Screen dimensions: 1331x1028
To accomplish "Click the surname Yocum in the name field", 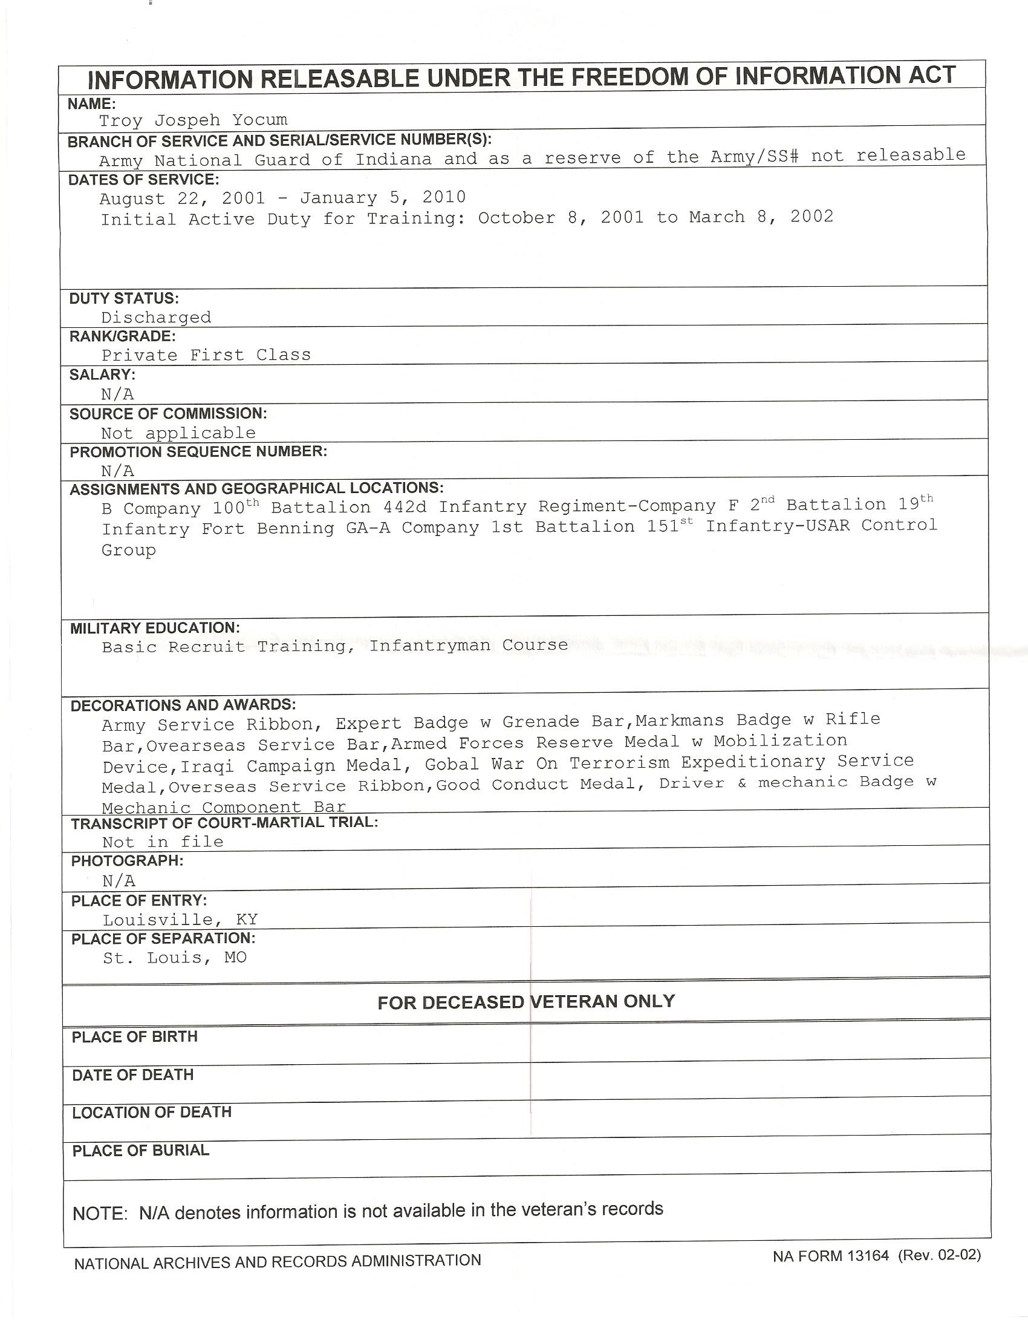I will coord(259,120).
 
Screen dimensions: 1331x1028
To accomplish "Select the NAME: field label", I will coord(92,103).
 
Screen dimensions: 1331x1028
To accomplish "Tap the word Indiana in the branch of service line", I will coord(394,160).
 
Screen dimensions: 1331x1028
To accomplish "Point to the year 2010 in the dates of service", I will coord(444,197).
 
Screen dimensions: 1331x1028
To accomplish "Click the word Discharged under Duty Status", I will coord(156,318).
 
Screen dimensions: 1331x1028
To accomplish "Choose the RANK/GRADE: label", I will coord(122,336).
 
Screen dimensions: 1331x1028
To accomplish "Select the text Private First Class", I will coord(206,355).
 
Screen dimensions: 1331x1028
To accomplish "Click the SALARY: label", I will coord(102,375).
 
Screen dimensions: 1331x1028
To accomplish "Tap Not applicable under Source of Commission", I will coord(178,433).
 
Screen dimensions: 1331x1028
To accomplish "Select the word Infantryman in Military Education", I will coord(430,646).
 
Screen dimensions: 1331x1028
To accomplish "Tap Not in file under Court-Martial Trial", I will coord(163,842).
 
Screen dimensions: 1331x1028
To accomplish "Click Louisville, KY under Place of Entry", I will coord(180,920).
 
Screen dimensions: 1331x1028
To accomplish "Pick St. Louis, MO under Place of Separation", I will coord(175,958).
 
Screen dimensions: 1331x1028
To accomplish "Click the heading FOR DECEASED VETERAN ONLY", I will coord(526,1002).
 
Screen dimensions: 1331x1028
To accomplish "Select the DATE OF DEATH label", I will coord(133,1075).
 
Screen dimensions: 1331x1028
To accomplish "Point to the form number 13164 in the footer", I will coord(868,1256).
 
